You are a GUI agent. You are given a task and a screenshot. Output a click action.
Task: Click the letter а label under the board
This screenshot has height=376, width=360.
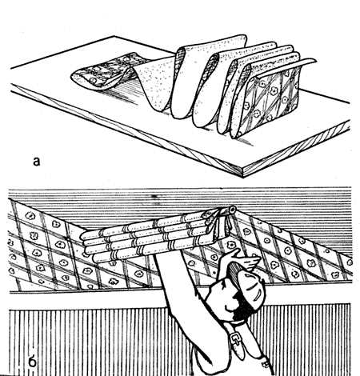click(37, 162)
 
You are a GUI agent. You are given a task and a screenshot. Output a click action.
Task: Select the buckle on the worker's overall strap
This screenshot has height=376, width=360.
click(235, 339)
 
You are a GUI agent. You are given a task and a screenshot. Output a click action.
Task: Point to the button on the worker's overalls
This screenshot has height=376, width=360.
click(266, 364)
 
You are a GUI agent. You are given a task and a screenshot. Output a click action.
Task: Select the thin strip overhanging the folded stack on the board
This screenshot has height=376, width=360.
click(286, 66)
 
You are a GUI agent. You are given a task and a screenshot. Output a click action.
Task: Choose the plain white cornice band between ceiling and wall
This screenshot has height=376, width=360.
click(86, 301)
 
